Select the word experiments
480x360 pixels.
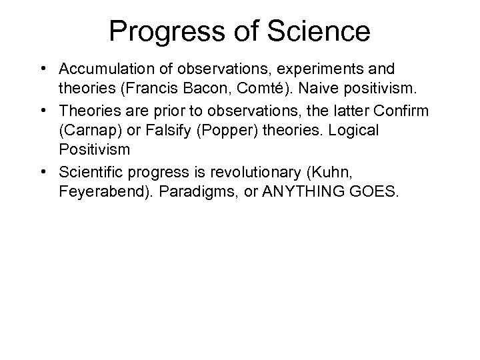coord(309,69)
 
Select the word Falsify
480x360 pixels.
coord(155,121)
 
